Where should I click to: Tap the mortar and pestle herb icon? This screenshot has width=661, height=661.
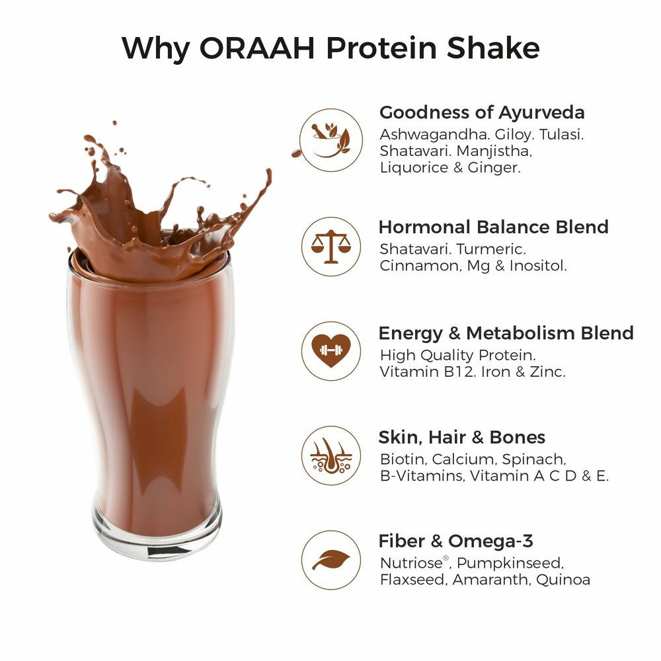(x=331, y=140)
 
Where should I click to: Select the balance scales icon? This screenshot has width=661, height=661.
(x=331, y=247)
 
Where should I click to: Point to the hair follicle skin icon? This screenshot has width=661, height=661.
(x=331, y=455)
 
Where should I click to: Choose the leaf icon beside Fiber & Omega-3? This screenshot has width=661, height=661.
(x=331, y=560)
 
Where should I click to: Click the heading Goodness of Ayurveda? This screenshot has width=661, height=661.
(x=482, y=112)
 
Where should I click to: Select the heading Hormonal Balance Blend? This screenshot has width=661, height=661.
(x=493, y=227)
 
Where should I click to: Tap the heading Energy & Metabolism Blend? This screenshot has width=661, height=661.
(x=506, y=333)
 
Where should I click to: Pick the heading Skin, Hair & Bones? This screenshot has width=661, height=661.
(x=461, y=437)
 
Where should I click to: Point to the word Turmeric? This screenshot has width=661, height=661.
(x=491, y=249)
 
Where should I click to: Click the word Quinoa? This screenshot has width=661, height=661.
(x=563, y=580)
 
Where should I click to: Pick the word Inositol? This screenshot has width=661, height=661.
(x=538, y=266)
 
